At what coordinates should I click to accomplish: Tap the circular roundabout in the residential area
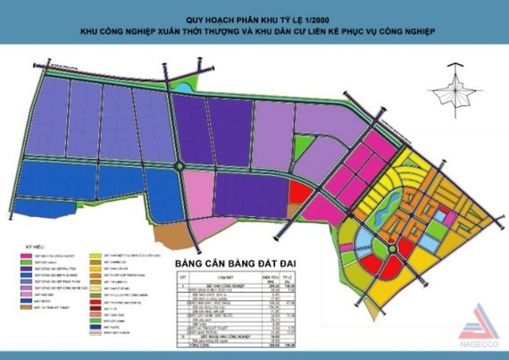pyautogui.click(x=390, y=247)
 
